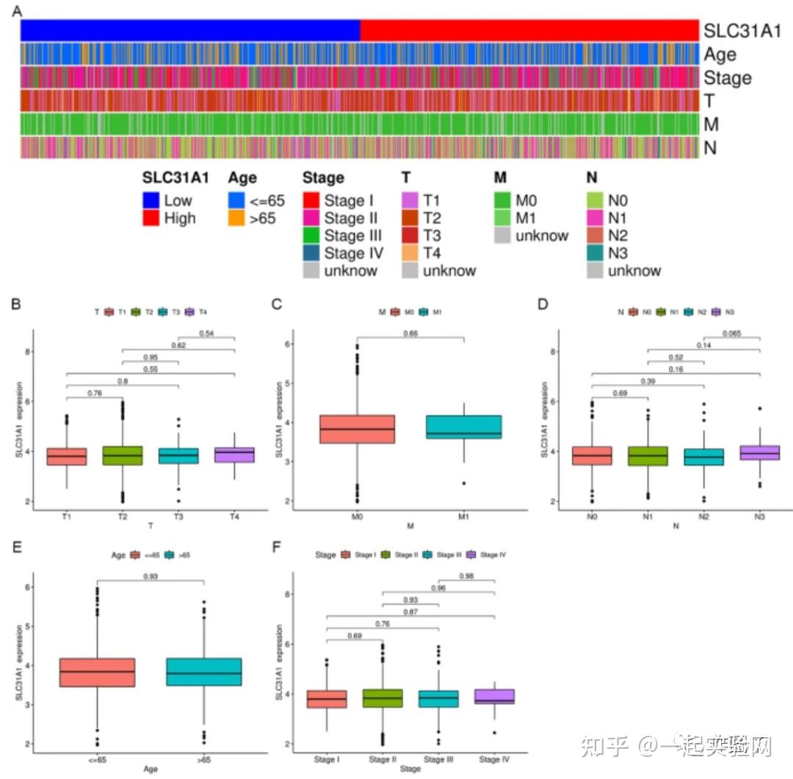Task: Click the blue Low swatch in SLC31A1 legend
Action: [x=153, y=200]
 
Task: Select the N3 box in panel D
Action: [x=758, y=452]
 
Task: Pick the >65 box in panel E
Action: [x=205, y=672]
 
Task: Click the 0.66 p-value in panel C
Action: [x=410, y=333]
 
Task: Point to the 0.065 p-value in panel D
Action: [x=731, y=333]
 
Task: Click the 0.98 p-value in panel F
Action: [x=466, y=576]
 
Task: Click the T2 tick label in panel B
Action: [x=121, y=516]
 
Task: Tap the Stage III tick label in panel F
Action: [x=438, y=758]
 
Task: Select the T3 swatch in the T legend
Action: [x=411, y=236]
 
